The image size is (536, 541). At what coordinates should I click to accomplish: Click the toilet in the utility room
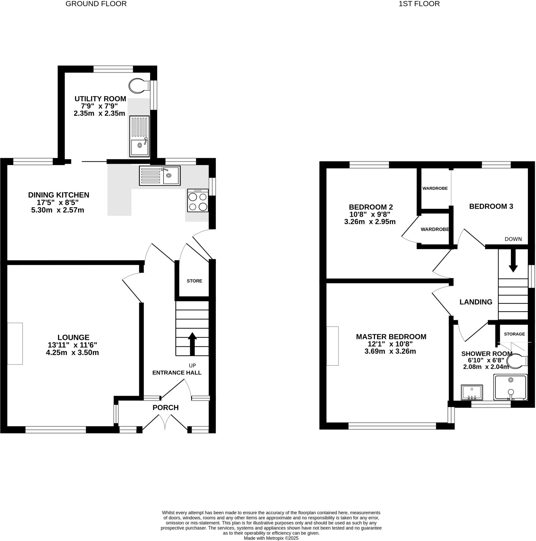coord(139,86)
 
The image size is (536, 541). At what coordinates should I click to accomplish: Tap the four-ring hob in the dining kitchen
coord(198,201)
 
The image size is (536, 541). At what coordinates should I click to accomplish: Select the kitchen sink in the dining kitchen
coord(160,176)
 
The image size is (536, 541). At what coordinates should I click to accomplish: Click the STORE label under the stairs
coord(194,281)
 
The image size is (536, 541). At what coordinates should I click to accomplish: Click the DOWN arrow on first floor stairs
coord(513,260)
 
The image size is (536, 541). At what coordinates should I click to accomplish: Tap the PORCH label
coord(166,407)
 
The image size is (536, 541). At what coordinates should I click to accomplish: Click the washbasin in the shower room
coord(472,393)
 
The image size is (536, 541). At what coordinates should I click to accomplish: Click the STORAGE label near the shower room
coord(514,334)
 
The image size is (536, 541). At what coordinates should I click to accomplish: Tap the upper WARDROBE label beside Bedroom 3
coord(435,188)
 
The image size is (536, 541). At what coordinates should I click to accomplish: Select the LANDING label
coord(476,302)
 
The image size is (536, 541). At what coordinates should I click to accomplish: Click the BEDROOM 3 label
coord(491,206)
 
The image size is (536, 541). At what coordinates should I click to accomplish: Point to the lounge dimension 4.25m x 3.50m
coord(72,353)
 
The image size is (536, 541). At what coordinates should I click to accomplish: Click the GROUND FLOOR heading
coord(96,4)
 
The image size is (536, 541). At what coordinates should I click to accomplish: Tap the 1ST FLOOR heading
coord(419,4)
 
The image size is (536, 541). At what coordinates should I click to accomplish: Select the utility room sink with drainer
coord(139,136)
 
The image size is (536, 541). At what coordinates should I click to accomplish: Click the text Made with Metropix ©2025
coord(271,538)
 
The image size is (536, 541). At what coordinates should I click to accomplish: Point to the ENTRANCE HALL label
coord(177,373)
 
